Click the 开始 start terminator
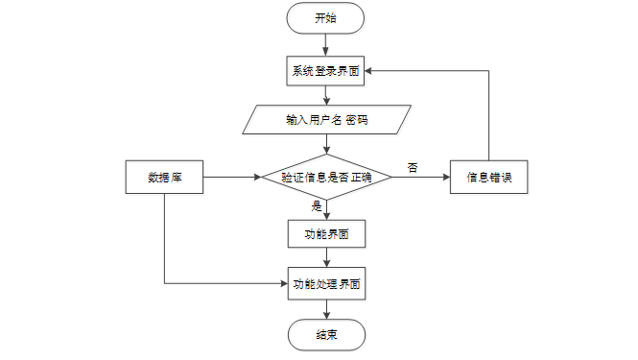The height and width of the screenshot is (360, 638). point(325,18)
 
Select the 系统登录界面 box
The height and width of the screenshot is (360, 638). point(325,71)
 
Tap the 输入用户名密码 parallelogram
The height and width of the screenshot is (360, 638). point(327,120)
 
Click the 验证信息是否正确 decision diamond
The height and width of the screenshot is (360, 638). point(326,178)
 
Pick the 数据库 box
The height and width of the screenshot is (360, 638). point(164,178)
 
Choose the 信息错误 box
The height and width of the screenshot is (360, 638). point(488,178)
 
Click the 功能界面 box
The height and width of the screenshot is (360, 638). point(327,233)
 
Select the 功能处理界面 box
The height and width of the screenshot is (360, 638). point(327,283)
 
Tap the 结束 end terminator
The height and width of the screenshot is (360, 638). point(327,335)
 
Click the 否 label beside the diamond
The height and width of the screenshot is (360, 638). point(413,167)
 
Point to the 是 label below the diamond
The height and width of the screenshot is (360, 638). point(317,205)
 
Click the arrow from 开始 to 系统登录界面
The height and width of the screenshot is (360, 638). point(325,45)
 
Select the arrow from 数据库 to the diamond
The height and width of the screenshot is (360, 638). point(232,178)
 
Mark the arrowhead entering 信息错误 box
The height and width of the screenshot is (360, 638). point(447,178)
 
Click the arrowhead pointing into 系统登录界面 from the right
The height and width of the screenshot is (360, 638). point(367,71)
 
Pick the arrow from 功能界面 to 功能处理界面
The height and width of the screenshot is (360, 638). point(327,257)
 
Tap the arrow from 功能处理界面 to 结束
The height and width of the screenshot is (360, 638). point(327,309)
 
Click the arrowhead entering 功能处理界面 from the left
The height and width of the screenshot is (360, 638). point(284,283)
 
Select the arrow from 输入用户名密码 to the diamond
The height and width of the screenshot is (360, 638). point(327,144)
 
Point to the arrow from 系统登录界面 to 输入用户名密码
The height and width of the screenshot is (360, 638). point(326,95)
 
